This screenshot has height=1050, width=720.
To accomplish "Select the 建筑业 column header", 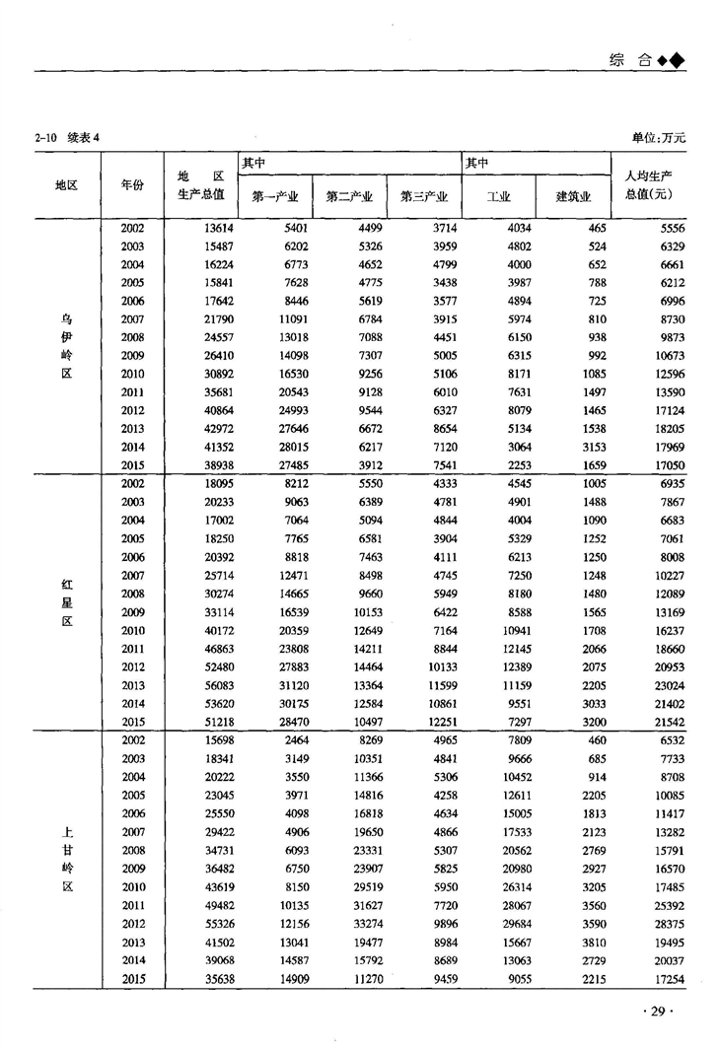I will (573, 196).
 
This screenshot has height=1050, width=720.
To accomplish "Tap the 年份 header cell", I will (132, 184).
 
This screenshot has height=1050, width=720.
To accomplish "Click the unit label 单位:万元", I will (659, 137).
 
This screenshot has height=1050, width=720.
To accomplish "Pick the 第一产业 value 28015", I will (293, 446).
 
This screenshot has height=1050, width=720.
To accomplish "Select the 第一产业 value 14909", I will (293, 978).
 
